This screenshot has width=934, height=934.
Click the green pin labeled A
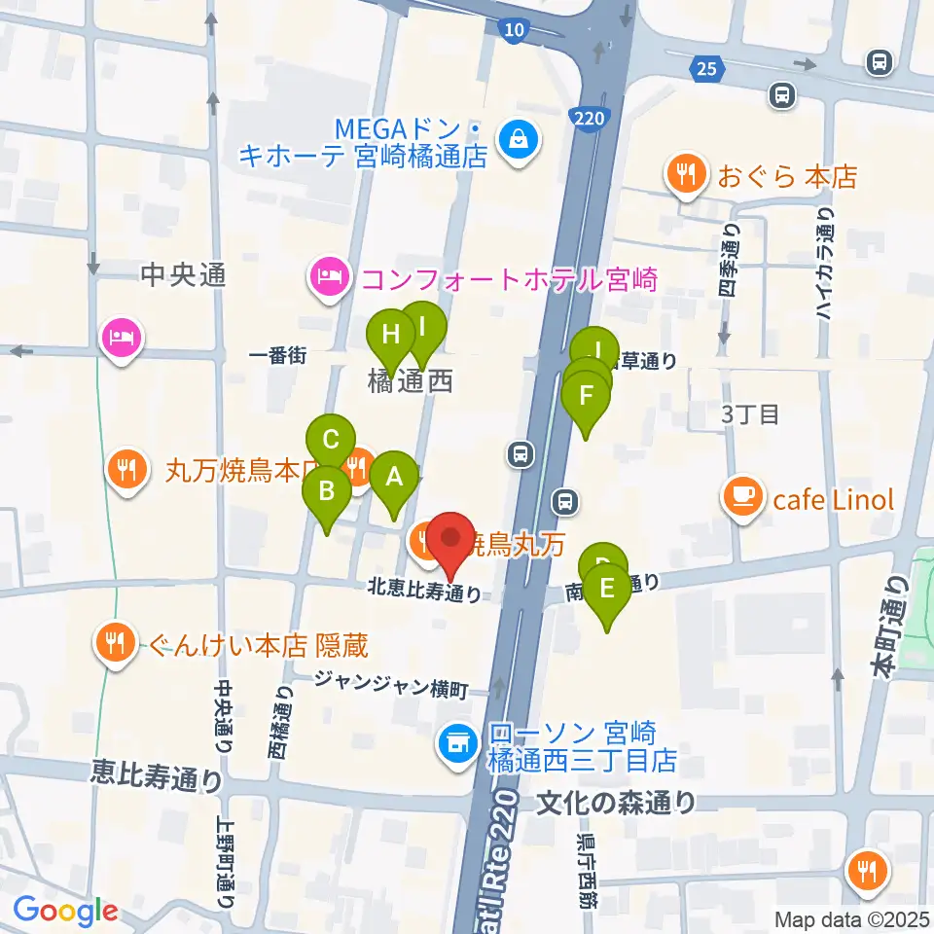tap(394, 477)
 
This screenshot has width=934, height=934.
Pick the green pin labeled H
tap(390, 337)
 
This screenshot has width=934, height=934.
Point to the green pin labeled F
tap(586, 397)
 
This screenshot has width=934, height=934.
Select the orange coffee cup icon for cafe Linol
tap(744, 498)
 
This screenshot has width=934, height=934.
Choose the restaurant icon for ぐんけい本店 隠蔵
tap(116, 642)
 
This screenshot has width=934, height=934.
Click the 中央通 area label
tap(183, 276)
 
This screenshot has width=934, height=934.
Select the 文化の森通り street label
tap(617, 803)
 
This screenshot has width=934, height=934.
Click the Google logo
tap(64, 912)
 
